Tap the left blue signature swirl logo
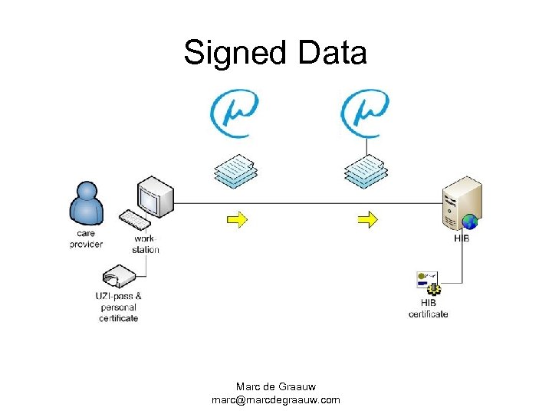pos(234,113)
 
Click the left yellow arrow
pos(237,220)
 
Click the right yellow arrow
pos(368,220)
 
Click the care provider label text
pos(86,238)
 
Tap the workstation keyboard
pos(135,221)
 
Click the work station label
pos(145,244)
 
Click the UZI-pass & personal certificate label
pos(119,307)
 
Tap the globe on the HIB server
pos(469,222)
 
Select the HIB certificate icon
pos(428,283)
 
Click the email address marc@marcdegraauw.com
pos(276,399)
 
